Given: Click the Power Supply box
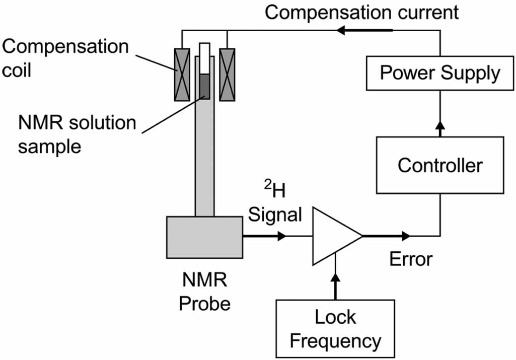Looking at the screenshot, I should click(x=439, y=73).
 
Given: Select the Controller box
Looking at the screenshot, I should click(x=439, y=165).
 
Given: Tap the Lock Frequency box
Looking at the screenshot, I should click(x=335, y=328).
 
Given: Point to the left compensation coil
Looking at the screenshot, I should click(x=182, y=75).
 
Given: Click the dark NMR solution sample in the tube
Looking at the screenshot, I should click(x=204, y=86).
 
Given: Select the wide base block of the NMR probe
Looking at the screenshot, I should click(x=204, y=237).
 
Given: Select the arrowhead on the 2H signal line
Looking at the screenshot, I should click(x=281, y=236).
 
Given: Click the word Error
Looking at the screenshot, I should click(x=411, y=259).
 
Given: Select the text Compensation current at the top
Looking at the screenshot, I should click(x=361, y=12).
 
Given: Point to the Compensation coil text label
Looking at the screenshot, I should click(x=65, y=58).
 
